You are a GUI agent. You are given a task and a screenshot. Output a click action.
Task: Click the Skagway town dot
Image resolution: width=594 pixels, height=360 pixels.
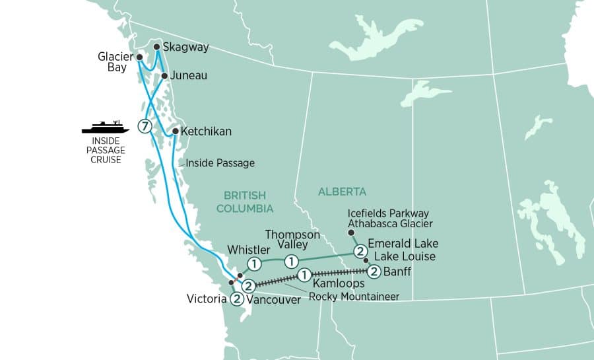pos(156,47)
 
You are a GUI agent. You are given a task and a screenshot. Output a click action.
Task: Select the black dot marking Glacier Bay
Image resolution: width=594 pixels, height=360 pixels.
pos(139,57)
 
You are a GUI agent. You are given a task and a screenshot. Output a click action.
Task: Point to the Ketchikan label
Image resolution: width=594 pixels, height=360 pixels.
pos(206,131)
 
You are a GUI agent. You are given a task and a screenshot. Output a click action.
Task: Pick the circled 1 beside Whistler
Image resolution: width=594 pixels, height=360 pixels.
pos(254,264)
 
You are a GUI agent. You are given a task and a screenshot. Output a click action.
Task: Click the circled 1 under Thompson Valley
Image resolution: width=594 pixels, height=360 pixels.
pos(290,262)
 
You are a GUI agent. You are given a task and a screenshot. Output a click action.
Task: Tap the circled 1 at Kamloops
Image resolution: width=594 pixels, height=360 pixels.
pos(304,274)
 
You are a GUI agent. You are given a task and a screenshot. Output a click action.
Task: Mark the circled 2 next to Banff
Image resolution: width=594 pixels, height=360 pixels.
pos(374,270)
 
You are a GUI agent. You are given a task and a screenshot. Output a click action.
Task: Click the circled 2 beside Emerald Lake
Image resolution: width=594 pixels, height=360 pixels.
pos(360,251)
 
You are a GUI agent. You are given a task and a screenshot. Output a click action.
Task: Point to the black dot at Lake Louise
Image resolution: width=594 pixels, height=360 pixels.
pos(366,261)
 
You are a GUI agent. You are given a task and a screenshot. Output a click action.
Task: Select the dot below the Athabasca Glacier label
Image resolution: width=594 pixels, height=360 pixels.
pos(351,233)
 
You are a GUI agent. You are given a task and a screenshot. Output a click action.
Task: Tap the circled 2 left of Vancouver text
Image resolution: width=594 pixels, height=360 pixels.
pos(236,299)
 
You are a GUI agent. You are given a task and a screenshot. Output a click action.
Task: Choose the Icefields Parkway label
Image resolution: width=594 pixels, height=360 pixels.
pos(388,213)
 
